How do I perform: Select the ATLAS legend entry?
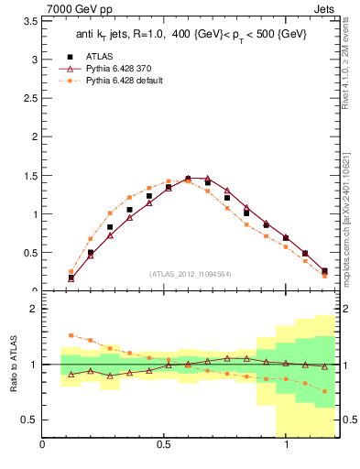[97, 56]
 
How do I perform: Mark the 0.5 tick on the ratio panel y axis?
[28, 420]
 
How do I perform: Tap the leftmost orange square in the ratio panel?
[71, 335]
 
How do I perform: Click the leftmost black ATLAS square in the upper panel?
[71, 278]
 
